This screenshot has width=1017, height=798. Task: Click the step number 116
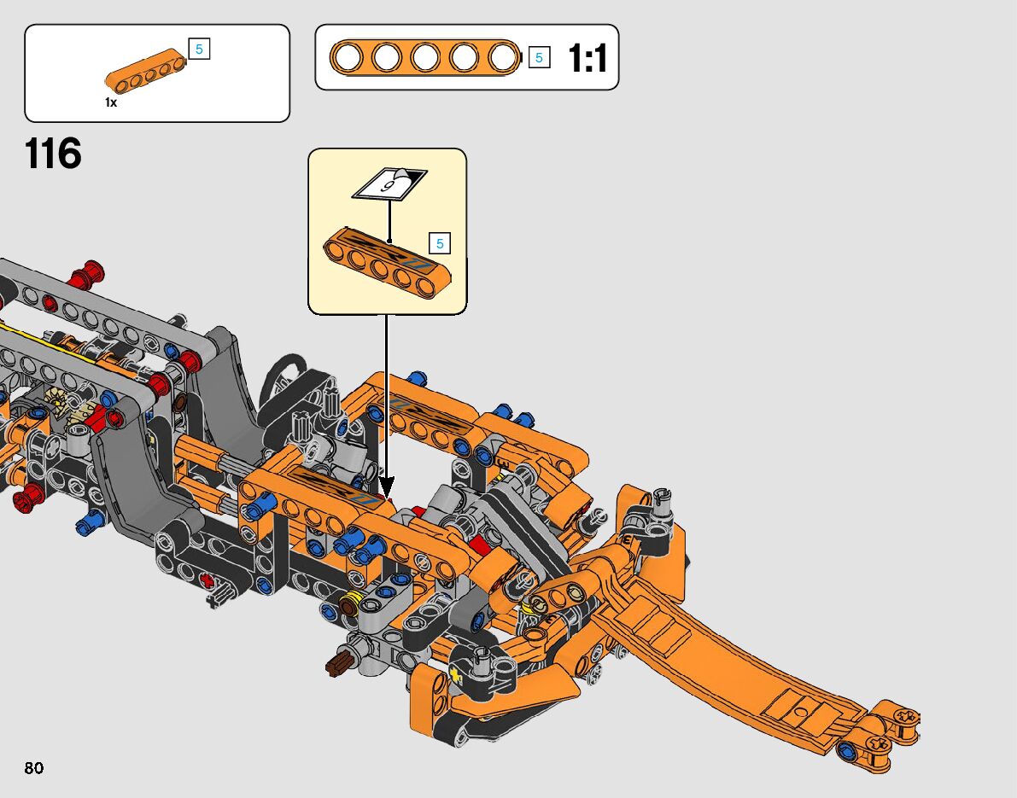pyautogui.click(x=53, y=154)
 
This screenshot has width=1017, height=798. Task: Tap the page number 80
pyautogui.click(x=33, y=768)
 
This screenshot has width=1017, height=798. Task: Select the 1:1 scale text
pyautogui.click(x=587, y=58)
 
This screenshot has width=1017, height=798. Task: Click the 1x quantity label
pyautogui.click(x=111, y=102)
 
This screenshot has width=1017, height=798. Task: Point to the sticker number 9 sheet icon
pyautogui.click(x=389, y=184)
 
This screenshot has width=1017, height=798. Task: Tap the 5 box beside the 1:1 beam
pyautogui.click(x=539, y=58)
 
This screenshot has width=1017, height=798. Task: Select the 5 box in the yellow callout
pyautogui.click(x=440, y=244)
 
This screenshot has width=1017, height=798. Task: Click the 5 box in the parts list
pyautogui.click(x=199, y=49)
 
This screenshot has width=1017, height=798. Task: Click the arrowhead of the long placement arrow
pyautogui.click(x=386, y=486)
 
